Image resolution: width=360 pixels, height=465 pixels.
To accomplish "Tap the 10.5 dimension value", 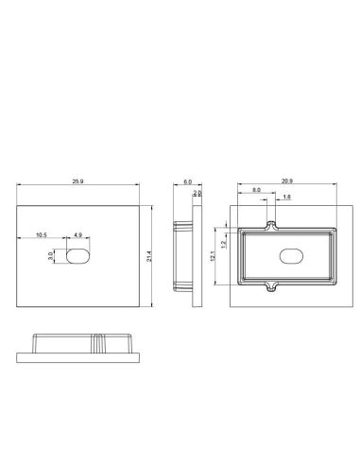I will [x=42, y=234].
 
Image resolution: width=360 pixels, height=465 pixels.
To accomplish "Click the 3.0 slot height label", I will [x=51, y=256].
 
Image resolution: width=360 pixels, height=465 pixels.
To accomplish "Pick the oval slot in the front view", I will [x=78, y=256].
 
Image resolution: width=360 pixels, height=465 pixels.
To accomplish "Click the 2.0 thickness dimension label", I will [x=197, y=193].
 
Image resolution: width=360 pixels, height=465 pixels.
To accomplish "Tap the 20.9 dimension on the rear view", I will [x=285, y=181].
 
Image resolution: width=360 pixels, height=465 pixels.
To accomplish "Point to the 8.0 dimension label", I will [x=257, y=191].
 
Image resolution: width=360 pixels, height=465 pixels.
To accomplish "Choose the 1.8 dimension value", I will [x=287, y=197].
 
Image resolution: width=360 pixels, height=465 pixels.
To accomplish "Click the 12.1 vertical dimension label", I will [x=214, y=256].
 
